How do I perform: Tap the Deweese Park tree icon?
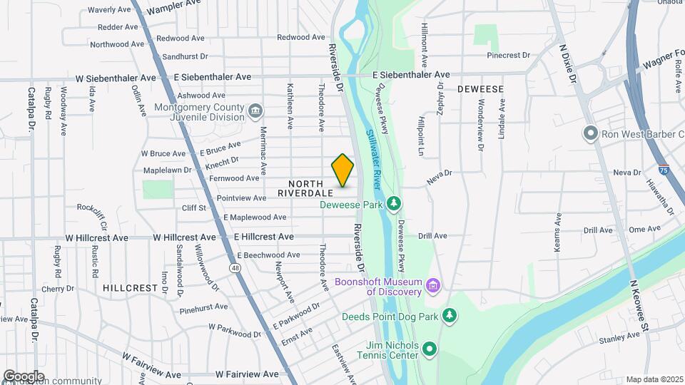tap(394, 205)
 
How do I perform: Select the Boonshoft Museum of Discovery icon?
tap(432, 286)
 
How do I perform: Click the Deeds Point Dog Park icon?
tap(449, 315)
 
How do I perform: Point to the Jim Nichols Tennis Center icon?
tap(429, 349)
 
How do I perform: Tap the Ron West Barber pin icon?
tap(590, 133)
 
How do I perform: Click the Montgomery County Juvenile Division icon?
tap(255, 112)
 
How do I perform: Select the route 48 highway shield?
tap(235, 267)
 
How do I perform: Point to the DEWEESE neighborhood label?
tap(481, 89)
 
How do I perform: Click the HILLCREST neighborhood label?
tap(129, 288)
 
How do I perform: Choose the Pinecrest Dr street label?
tap(508, 55)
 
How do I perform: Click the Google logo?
tap(23, 376)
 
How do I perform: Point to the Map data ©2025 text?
tap(654, 379)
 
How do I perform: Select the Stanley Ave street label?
tap(619, 337)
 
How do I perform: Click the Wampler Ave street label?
tap(173, 6)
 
